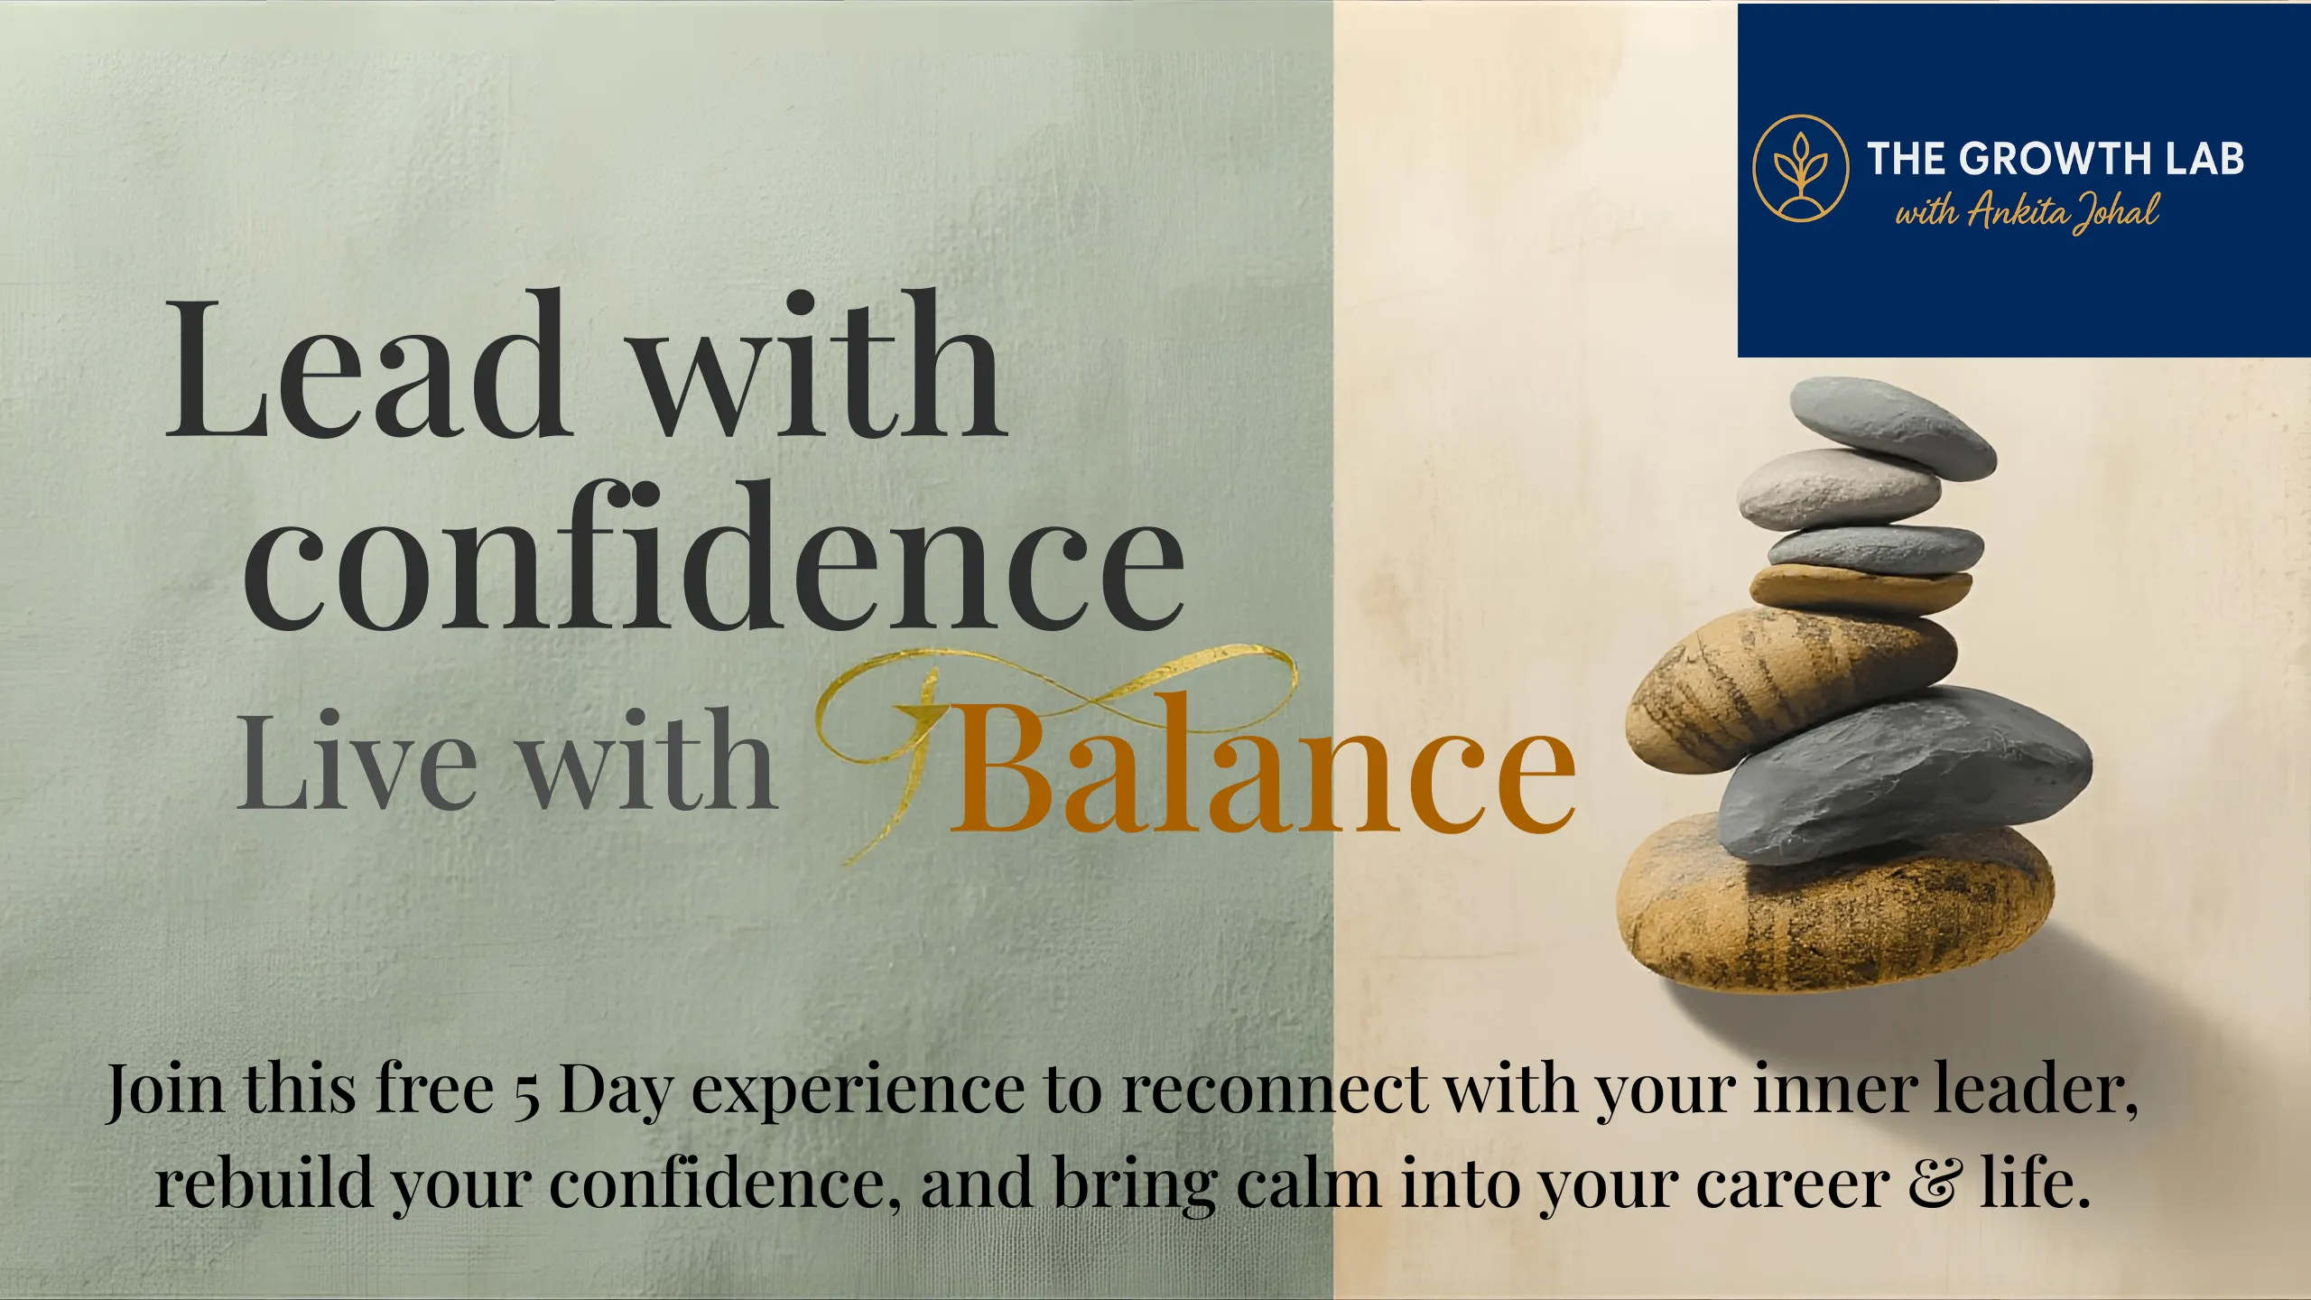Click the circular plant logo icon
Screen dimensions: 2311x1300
(1800, 168)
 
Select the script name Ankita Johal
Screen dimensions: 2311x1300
(2064, 211)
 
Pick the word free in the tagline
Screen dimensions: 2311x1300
(433, 1089)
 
